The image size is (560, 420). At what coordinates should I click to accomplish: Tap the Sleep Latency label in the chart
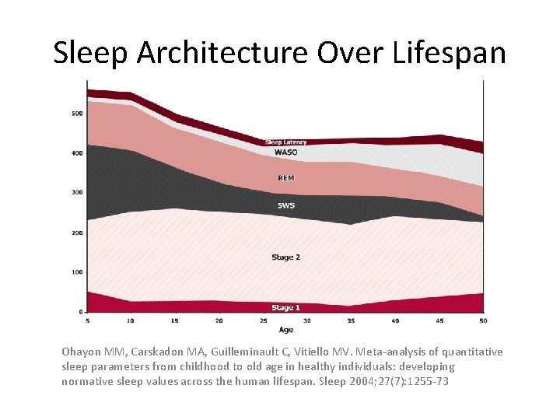[285, 142]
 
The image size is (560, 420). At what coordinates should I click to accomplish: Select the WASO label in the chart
[285, 152]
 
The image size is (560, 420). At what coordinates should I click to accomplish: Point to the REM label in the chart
[286, 178]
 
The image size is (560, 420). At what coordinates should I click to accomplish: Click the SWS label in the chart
[286, 205]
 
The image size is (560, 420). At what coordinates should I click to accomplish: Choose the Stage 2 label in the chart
[285, 257]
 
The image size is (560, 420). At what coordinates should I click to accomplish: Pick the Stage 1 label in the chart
[285, 308]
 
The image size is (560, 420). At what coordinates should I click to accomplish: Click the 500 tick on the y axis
[77, 114]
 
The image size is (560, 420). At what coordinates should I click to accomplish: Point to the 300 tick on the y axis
[77, 192]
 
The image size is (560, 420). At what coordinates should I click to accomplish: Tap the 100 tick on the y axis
[77, 272]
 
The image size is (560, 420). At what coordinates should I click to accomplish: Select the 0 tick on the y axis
[80, 312]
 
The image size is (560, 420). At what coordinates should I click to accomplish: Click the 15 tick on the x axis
[176, 320]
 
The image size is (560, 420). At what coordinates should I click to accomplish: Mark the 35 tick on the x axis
[352, 320]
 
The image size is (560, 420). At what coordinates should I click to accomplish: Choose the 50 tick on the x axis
[483, 320]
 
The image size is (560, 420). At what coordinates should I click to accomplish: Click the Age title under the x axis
[286, 330]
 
